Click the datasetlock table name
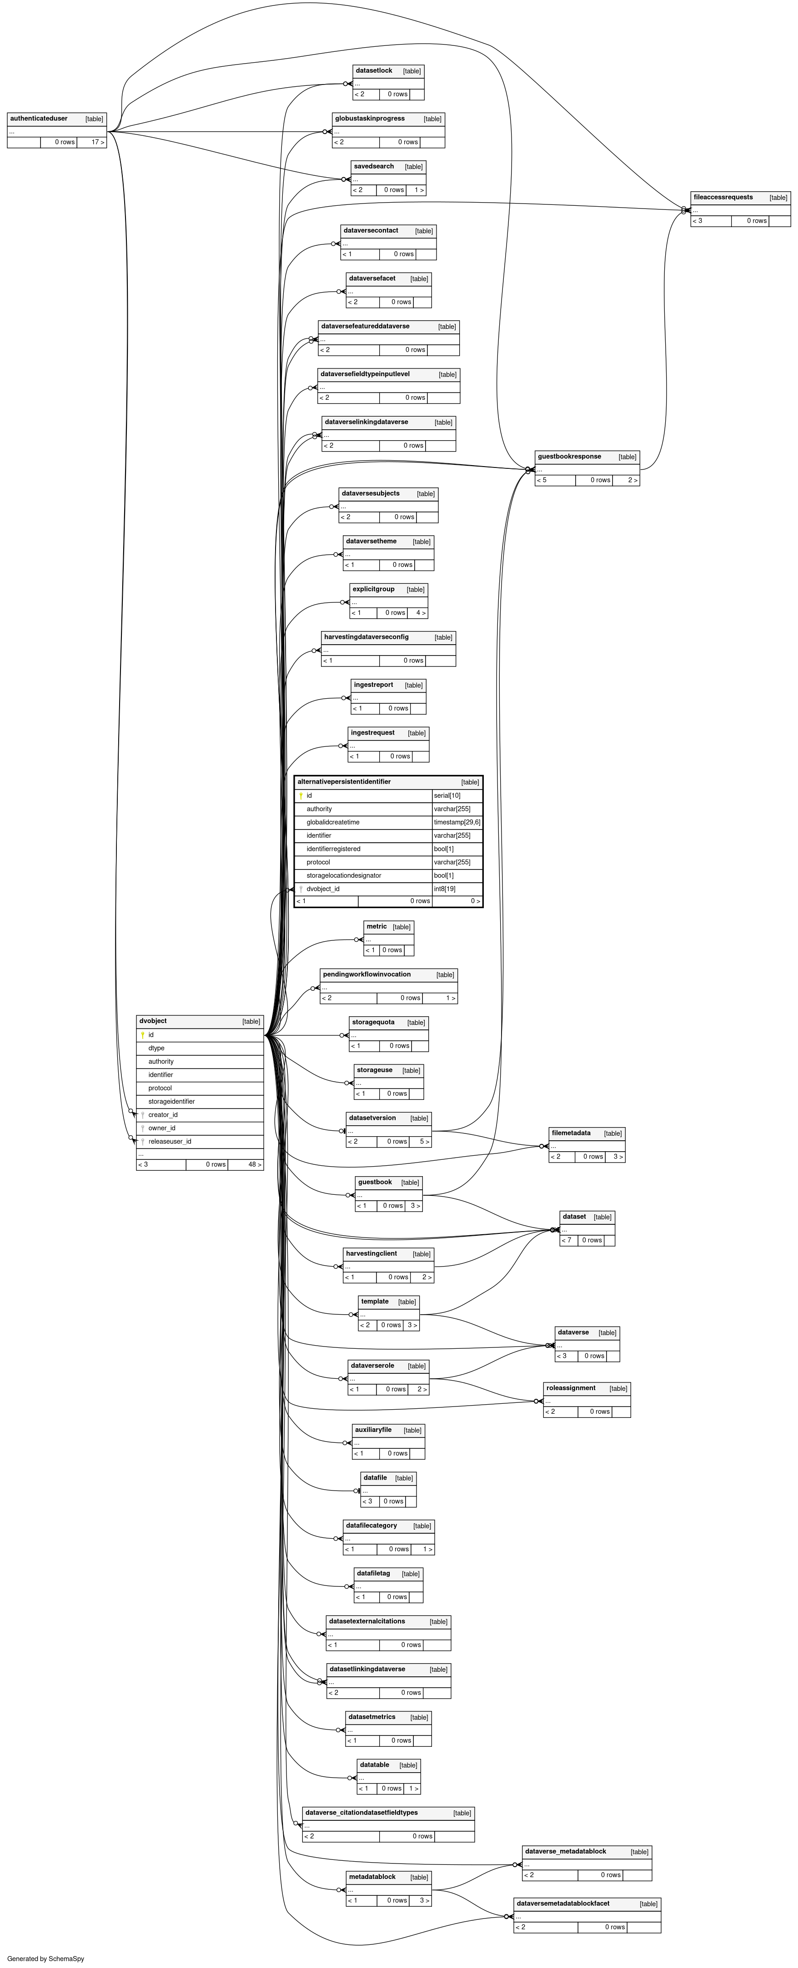[374, 71]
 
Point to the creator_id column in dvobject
[163, 1115]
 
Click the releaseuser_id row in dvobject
[170, 1141]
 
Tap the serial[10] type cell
[447, 796]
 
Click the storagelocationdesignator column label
[343, 875]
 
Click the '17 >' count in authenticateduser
[97, 142]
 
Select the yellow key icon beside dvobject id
[142, 1035]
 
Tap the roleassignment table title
[571, 1388]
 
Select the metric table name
[377, 927]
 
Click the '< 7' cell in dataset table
[567, 1240]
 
